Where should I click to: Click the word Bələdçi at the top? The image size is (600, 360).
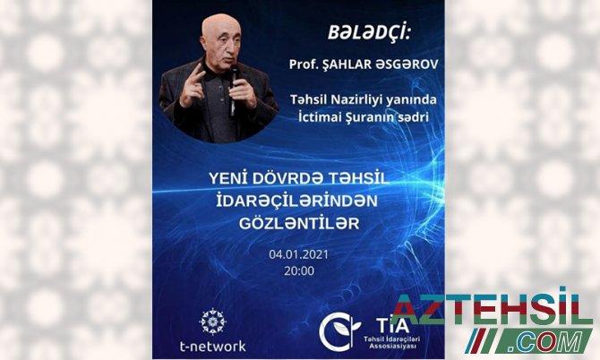[369, 33]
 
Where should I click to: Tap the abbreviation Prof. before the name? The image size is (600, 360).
[300, 64]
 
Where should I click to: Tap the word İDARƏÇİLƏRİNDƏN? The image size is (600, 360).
[297, 201]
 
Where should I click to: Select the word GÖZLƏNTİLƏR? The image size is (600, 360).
[299, 223]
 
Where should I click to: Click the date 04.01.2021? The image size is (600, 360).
[298, 255]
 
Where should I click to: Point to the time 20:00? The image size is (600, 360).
[299, 270]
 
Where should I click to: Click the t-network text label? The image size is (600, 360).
[213, 347]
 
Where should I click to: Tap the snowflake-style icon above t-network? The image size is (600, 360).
[213, 321]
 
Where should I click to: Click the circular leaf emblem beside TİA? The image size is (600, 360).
[339, 331]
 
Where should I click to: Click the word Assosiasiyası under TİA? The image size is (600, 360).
[392, 347]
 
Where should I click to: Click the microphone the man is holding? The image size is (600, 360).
[233, 90]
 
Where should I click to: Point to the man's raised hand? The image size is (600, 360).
[193, 84]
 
